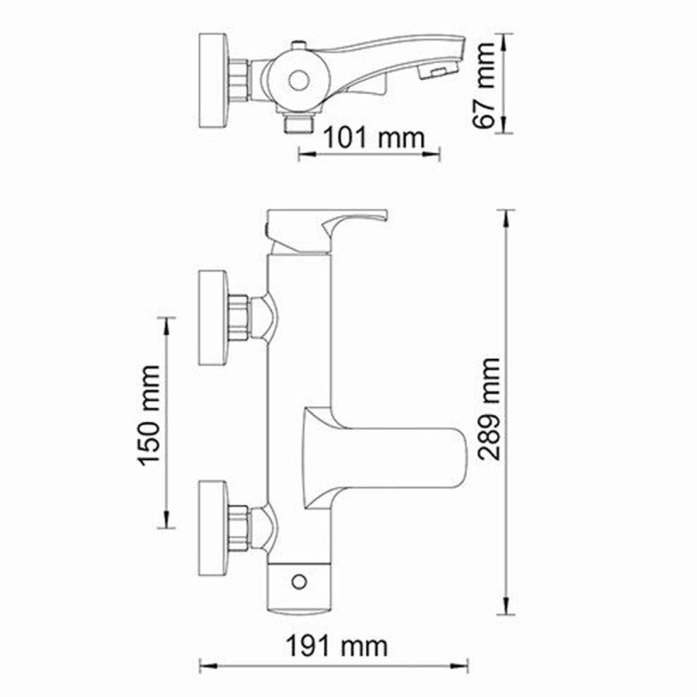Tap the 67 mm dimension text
(x=488, y=84)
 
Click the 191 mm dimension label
(x=336, y=646)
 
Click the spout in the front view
(x=392, y=445)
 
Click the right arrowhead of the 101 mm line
(x=438, y=155)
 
